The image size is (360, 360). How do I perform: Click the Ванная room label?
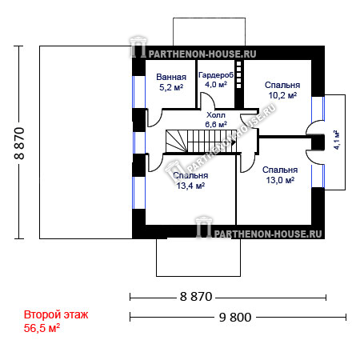pos(171,77)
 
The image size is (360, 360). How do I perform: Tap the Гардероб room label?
pos(216,75)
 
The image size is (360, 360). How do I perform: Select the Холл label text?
pos(216,115)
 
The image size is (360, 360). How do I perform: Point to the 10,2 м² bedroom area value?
pos(282,95)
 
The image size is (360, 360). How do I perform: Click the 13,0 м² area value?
pos(280,180)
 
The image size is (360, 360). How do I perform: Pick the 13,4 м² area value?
pos(190,186)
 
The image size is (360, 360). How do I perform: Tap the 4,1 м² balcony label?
pos(336,140)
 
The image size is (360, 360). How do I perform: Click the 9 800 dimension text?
pos(235,318)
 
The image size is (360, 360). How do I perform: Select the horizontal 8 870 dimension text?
pos(196,297)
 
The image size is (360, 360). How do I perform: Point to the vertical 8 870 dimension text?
pos(19,143)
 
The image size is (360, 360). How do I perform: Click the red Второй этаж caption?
pos(56,314)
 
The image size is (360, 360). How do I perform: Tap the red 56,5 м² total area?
pos(42,328)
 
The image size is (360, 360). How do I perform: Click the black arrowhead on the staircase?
pos(234,142)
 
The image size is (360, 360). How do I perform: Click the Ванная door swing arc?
pos(158,122)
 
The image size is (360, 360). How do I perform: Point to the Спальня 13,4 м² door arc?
pos(158,166)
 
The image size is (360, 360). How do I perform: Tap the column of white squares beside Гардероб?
pos(239,75)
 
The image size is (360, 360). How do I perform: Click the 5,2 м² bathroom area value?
pos(171,87)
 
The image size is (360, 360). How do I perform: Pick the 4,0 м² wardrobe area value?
pos(216,85)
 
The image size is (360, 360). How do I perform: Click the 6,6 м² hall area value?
pos(216,124)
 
